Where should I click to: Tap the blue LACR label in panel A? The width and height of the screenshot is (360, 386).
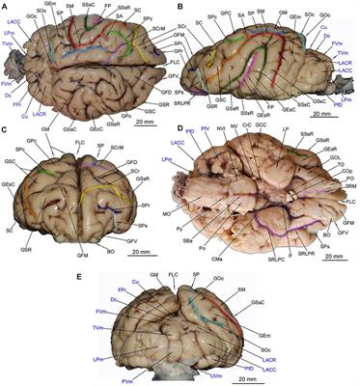pos(40,115)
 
